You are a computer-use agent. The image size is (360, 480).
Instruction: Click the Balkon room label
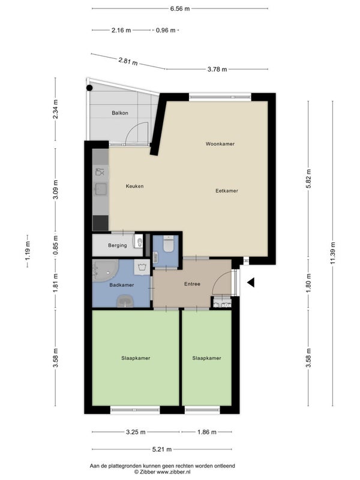[120, 113]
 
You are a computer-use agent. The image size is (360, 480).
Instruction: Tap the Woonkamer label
[220, 143]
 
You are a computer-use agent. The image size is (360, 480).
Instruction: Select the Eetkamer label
[227, 191]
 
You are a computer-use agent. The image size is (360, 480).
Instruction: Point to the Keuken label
[134, 186]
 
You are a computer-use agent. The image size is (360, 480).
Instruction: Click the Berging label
[117, 245]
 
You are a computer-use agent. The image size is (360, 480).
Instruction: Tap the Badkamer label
[122, 285]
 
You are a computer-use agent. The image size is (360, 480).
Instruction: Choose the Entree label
[192, 284]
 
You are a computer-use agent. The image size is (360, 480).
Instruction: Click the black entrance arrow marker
[251, 283]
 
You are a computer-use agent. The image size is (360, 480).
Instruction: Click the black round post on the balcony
[89, 88]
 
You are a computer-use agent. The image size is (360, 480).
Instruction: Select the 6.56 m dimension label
[180, 8]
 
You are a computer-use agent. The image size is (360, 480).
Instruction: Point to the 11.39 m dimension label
[333, 253]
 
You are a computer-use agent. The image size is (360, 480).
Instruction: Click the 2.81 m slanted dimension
[128, 61]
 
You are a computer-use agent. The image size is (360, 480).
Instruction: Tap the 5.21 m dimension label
[162, 449]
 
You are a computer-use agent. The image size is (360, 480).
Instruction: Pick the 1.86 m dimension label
[206, 432]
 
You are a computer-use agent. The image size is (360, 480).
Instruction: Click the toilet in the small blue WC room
[169, 244]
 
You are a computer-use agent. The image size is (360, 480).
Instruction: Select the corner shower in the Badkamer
[105, 271]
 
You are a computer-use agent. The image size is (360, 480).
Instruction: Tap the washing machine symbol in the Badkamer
[142, 267]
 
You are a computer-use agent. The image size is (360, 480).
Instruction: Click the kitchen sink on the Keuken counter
[101, 189]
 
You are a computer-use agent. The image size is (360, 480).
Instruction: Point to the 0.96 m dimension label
[166, 31]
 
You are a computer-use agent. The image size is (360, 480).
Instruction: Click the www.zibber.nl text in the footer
[173, 472]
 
